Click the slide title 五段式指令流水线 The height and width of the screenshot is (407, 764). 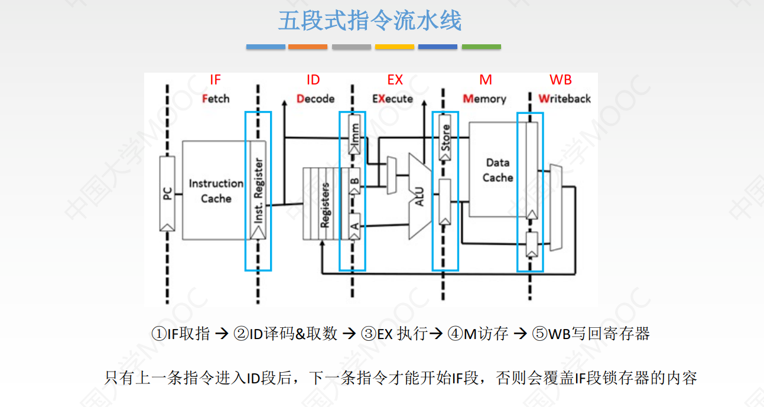[370, 21]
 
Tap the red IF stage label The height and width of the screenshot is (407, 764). [215, 80]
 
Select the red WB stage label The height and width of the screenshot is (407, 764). [560, 80]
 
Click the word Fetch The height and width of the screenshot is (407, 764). [216, 99]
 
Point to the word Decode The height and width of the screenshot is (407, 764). [316, 99]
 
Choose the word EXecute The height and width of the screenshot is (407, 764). [392, 99]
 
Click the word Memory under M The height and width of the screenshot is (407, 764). [485, 99]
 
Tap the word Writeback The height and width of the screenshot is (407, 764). [564, 99]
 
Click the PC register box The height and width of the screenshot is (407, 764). [167, 193]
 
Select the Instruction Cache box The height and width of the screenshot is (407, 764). [216, 191]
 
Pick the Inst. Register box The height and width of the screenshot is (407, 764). [258, 190]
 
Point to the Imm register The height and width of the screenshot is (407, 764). [354, 135]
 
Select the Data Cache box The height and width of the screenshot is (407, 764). [497, 170]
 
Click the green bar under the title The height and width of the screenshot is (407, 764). [481, 47]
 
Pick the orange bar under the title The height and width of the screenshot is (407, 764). [308, 47]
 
